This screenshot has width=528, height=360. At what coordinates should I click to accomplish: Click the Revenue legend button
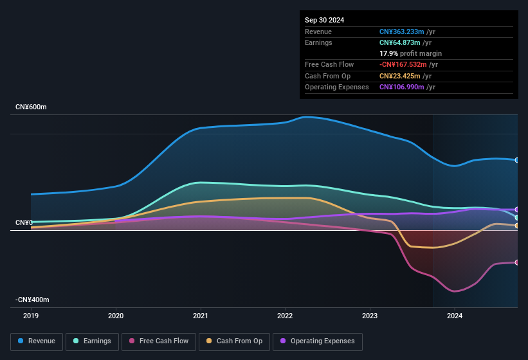(x=37, y=341)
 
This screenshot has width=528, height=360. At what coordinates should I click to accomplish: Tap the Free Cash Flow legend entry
(x=159, y=341)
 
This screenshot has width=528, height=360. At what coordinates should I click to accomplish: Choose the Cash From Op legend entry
(x=234, y=341)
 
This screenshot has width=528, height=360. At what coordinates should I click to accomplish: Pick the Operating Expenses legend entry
(x=317, y=341)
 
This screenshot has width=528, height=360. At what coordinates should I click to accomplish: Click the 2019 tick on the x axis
(x=31, y=316)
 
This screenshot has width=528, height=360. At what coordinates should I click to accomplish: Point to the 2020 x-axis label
(x=116, y=316)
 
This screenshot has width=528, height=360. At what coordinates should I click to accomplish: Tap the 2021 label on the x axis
(x=201, y=316)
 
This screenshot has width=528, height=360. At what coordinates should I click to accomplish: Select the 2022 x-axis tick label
(x=285, y=316)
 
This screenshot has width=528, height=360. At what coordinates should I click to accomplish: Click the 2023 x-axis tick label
(x=370, y=316)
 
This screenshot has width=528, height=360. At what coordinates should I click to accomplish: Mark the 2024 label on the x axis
(x=455, y=316)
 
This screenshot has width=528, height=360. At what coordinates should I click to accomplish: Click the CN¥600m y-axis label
(x=32, y=107)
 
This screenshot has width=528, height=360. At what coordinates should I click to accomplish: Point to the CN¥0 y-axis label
(x=24, y=222)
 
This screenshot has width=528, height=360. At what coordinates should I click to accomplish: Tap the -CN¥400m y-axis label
(x=32, y=300)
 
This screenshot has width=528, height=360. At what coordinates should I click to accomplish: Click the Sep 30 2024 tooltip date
(x=324, y=20)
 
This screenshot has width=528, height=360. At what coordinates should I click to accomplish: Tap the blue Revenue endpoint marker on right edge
(x=517, y=160)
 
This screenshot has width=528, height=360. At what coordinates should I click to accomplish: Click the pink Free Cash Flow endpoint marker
(x=517, y=262)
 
